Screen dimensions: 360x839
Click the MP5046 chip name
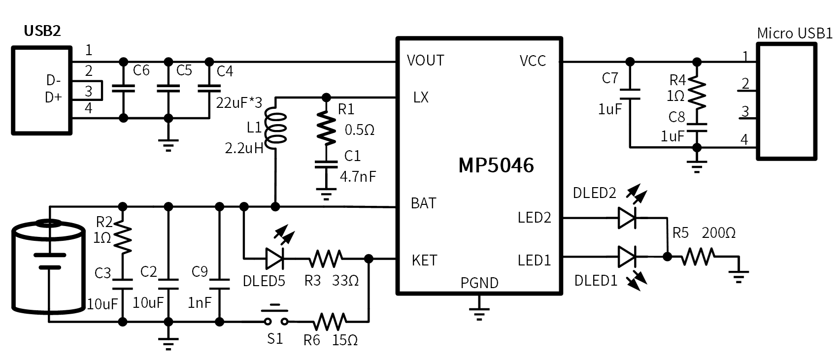pos(496,165)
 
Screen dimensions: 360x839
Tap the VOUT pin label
pos(425,61)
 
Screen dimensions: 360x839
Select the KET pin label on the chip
pos(424,260)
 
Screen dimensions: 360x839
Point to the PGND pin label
pos(479,283)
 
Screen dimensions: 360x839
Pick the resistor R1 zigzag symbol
pos(325,127)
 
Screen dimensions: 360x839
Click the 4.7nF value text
pos(358,176)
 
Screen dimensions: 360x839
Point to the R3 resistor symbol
pos(326,258)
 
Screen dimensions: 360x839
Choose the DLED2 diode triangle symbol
pos(627,217)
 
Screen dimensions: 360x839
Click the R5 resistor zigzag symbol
pos(698,257)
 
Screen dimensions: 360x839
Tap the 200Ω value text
pos(718,233)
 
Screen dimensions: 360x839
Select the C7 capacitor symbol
pos(630,94)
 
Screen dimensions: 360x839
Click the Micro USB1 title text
pos(794,33)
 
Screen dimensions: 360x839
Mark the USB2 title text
pos(42,31)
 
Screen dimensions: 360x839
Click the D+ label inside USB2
pos(53,98)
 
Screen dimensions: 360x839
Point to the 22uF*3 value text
pos(239,102)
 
